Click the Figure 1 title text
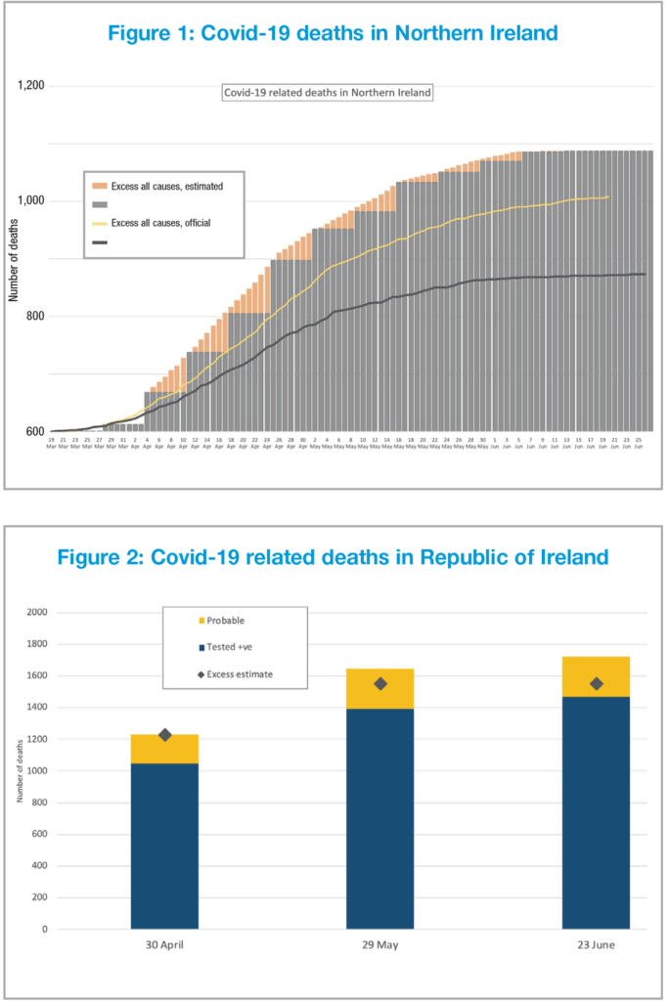coord(333,33)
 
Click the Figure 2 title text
coord(333,557)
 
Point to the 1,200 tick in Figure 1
coord(32,86)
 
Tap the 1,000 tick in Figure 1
coord(32,201)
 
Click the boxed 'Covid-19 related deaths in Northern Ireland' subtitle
coord(328,93)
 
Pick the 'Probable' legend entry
coord(225,620)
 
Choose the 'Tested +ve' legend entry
coord(230,647)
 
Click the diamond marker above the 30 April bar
coord(164,735)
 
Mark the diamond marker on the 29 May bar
coord(380,684)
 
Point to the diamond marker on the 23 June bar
coord(596,684)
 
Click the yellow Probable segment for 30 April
coord(164,750)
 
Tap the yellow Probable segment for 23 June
coord(596,676)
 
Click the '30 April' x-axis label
coord(164,945)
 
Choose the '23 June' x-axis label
coord(596,945)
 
